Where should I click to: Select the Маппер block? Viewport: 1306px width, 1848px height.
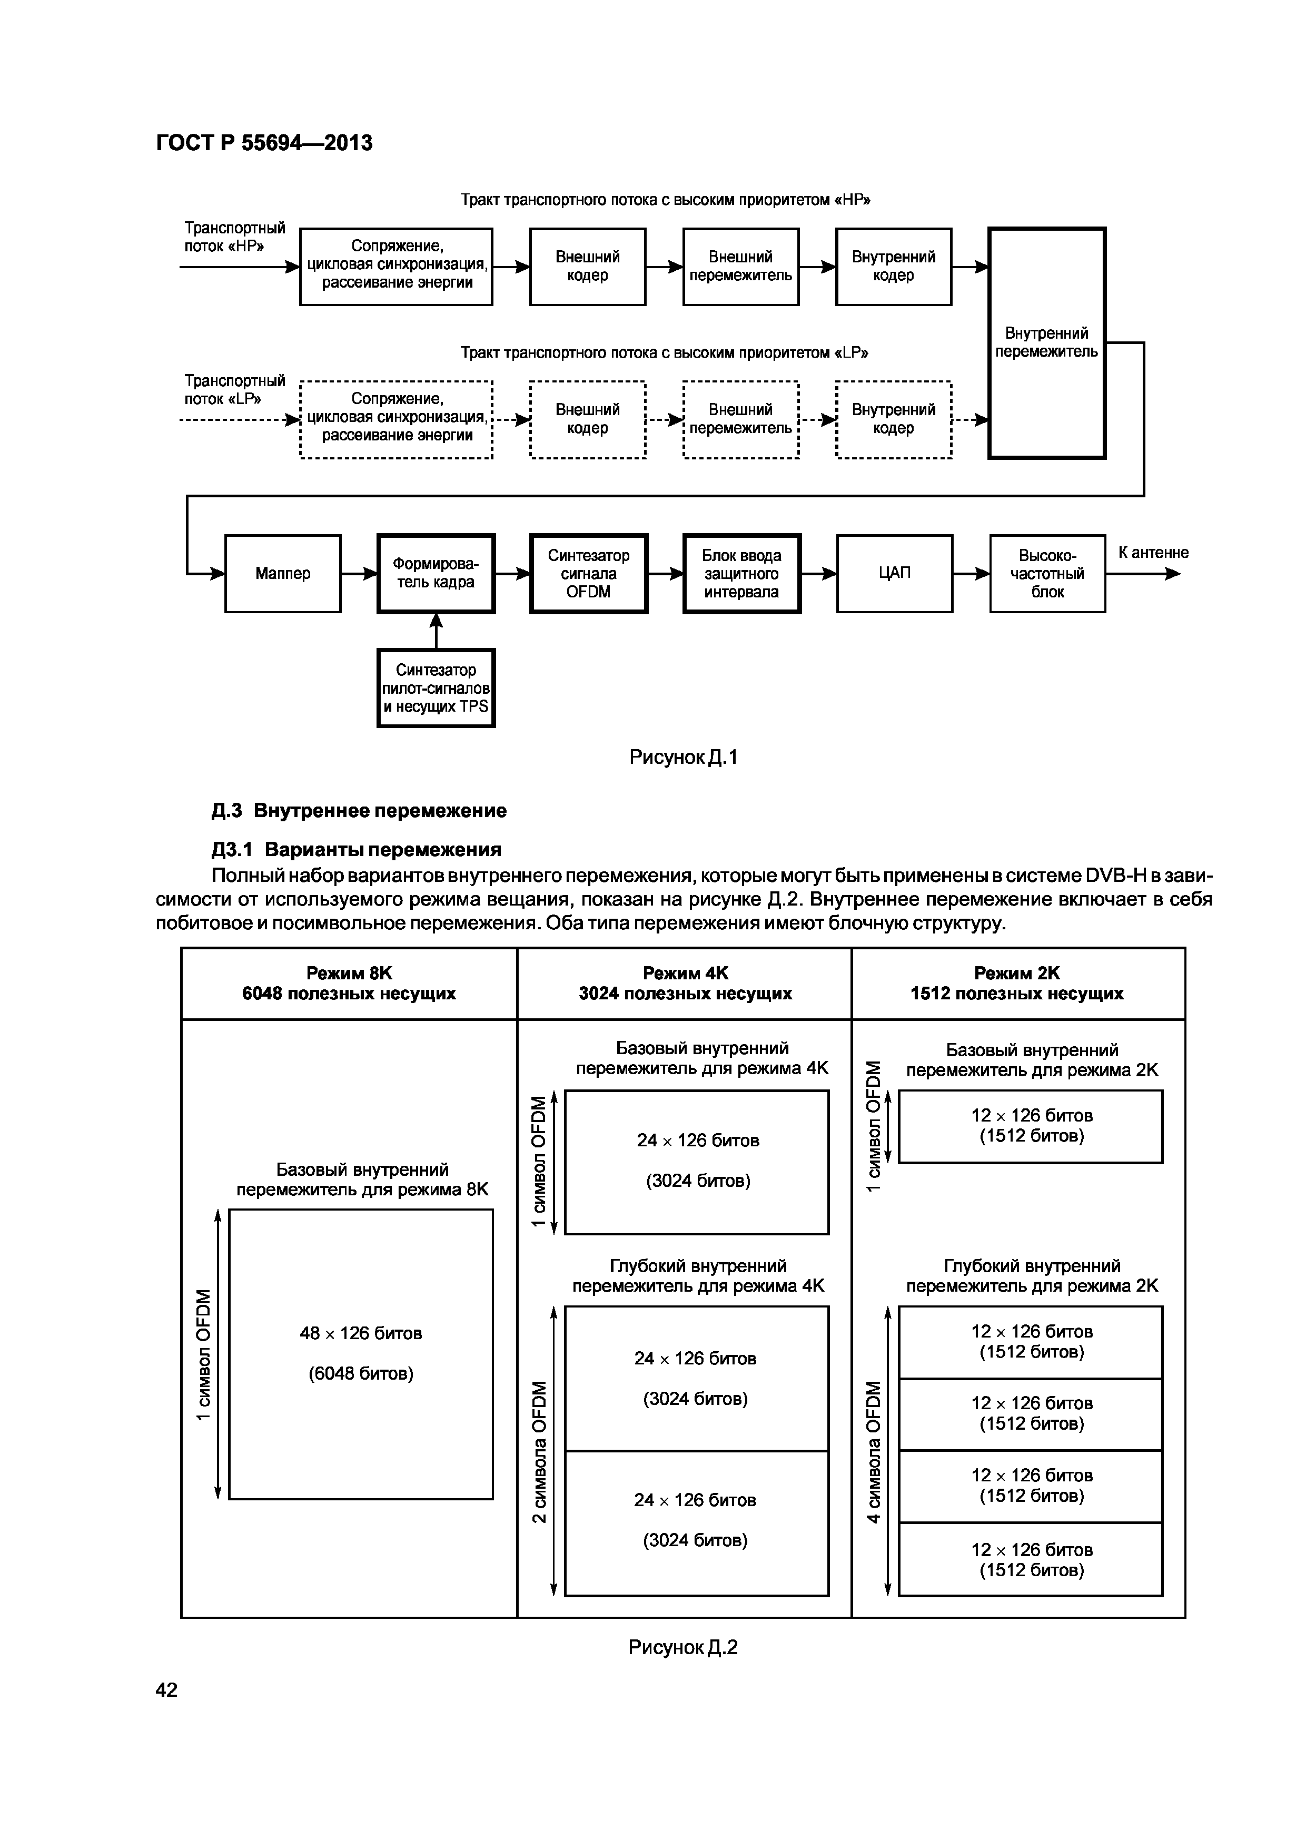point(282,573)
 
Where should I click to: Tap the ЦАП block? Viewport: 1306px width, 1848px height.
point(894,573)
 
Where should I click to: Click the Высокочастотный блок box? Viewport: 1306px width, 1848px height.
point(1047,573)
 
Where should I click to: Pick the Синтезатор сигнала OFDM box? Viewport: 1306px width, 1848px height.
point(588,573)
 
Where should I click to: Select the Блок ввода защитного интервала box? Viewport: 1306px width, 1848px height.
point(741,573)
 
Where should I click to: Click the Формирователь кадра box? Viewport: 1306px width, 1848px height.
point(436,573)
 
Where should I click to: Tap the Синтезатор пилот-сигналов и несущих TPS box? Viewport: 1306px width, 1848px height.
point(436,688)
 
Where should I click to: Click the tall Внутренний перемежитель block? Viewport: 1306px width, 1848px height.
point(1046,343)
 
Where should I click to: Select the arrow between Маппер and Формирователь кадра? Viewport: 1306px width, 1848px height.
point(359,574)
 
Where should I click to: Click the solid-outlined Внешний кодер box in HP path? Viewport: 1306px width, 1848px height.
point(587,267)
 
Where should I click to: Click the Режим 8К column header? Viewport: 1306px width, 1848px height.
point(349,983)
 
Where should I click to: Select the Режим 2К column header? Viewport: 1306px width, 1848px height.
point(1016,983)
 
